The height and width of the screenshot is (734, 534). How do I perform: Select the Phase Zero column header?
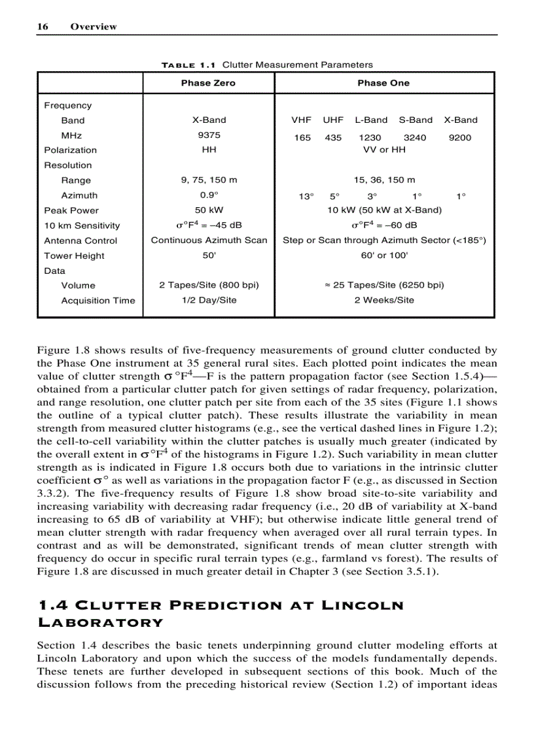pyautogui.click(x=208, y=83)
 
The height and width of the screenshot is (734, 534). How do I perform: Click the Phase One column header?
pyautogui.click(x=383, y=83)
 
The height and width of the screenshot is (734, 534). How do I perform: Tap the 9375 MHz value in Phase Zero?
pyautogui.click(x=209, y=135)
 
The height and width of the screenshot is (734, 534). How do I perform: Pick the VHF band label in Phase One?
pyautogui.click(x=301, y=120)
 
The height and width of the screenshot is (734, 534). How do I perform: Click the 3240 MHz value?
pyautogui.click(x=415, y=138)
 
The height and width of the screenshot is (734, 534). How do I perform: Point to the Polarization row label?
pyautogui.click(x=70, y=150)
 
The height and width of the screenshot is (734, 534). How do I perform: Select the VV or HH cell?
pyautogui.click(x=384, y=150)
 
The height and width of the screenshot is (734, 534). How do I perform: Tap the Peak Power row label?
pyautogui.click(x=71, y=210)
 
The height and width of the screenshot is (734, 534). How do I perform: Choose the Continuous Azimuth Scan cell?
pyautogui.click(x=209, y=241)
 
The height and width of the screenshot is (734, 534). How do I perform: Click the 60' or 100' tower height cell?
pyautogui.click(x=384, y=256)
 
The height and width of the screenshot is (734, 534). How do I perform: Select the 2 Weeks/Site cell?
pyautogui.click(x=384, y=300)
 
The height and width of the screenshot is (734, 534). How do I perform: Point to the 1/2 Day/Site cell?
pyautogui.click(x=209, y=300)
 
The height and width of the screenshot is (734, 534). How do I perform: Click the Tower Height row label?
pyautogui.click(x=74, y=256)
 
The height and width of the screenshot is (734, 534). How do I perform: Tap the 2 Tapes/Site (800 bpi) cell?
pyautogui.click(x=209, y=285)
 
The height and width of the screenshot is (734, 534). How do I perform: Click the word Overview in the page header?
pyautogui.click(x=94, y=27)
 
